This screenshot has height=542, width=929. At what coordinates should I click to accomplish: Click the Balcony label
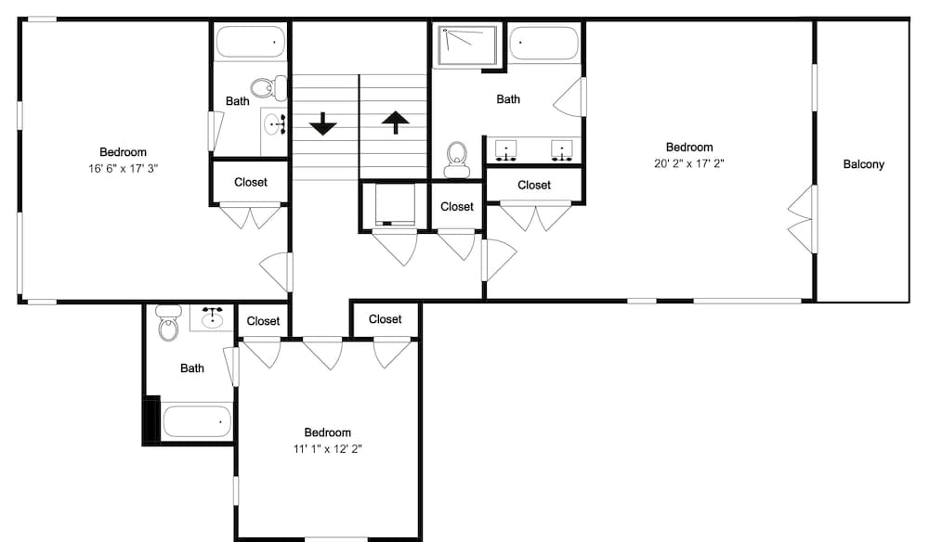point(863,164)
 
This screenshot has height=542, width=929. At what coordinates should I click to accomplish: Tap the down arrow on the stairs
point(323,123)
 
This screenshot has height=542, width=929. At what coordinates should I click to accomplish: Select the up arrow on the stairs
point(395,123)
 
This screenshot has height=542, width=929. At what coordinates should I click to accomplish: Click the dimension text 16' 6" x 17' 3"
point(124,169)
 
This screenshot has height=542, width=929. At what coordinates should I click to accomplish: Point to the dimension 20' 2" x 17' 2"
point(689,163)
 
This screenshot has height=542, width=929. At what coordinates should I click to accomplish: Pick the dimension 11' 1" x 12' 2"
point(328,448)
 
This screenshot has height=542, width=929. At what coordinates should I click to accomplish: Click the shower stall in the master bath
point(466,45)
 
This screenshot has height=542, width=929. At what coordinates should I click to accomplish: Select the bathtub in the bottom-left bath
point(197,421)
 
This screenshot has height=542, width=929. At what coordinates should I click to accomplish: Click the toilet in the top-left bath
point(268,89)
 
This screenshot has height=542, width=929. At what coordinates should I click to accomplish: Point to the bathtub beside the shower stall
point(543,43)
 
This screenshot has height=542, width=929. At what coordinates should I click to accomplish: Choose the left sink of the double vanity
point(506,149)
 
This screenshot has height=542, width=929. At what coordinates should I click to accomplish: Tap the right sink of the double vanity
point(562,149)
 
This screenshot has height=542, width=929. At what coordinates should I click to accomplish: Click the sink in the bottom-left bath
point(212,317)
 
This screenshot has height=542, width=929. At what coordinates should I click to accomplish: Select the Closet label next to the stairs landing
point(457,207)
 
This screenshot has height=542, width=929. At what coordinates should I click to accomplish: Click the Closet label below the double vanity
point(534,186)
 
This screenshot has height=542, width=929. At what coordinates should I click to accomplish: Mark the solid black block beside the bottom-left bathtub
point(151,419)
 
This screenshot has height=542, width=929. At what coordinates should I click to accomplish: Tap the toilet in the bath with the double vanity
point(457,160)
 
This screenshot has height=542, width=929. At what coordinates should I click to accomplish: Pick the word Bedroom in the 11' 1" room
point(328,432)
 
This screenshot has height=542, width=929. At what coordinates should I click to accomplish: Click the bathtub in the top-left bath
point(251,42)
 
